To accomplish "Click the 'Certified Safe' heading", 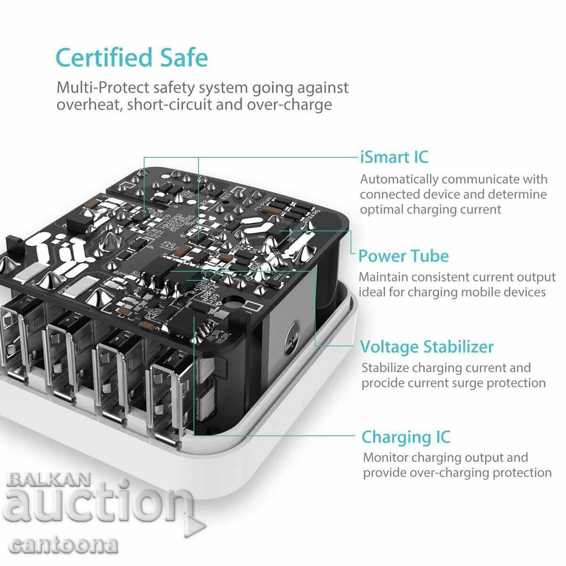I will pyautogui.click(x=132, y=58).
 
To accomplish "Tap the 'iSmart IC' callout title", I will pyautogui.click(x=394, y=157).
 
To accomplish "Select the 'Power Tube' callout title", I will pyautogui.click(x=403, y=256).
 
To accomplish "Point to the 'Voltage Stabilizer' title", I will pyautogui.click(x=427, y=347).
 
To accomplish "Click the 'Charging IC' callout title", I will pyautogui.click(x=406, y=437).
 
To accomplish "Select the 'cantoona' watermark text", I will pyautogui.click(x=64, y=546).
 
